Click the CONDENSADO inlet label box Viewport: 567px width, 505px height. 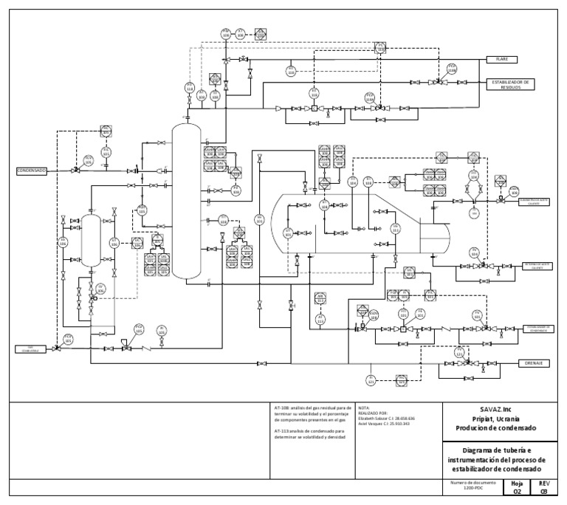(x=32, y=171)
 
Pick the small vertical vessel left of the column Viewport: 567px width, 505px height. (x=91, y=240)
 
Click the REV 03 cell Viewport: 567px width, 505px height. (x=544, y=486)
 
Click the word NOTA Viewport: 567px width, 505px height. (x=363, y=407)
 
